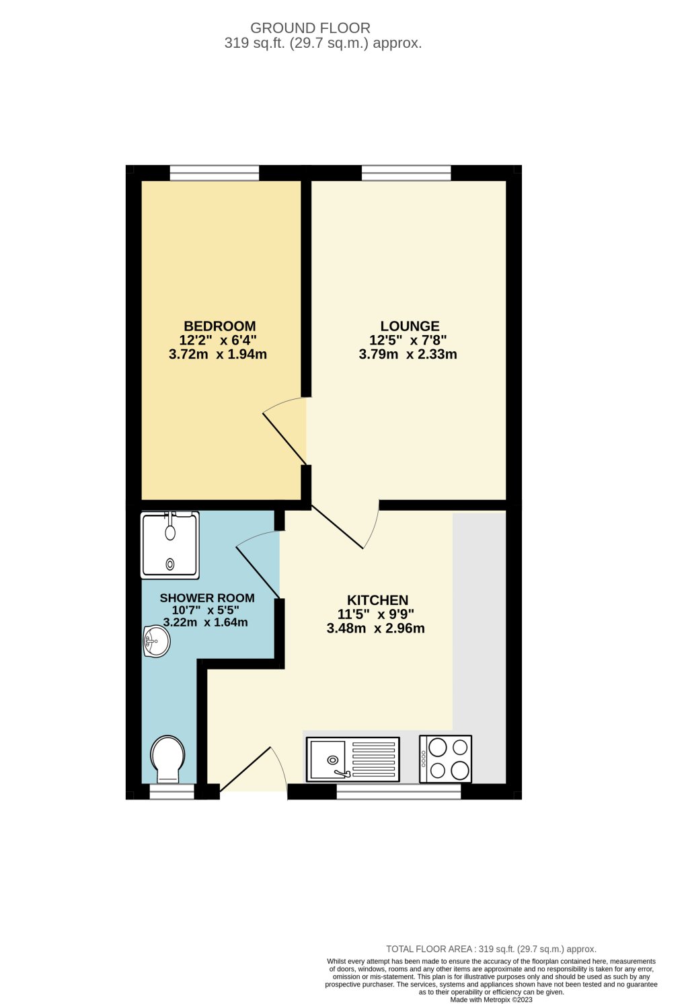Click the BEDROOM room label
[220, 326]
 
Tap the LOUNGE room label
[410, 326]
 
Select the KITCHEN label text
[377, 600]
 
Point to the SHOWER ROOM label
[207, 598]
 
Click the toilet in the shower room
[167, 759]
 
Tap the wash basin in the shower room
[155, 641]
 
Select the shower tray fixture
[170, 544]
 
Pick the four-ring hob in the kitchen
[445, 758]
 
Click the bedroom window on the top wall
[215, 174]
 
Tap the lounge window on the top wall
[406, 174]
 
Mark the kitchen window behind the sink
[399, 792]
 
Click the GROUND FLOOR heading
[310, 28]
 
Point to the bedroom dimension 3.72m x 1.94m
[218, 355]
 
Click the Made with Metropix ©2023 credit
[491, 1000]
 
